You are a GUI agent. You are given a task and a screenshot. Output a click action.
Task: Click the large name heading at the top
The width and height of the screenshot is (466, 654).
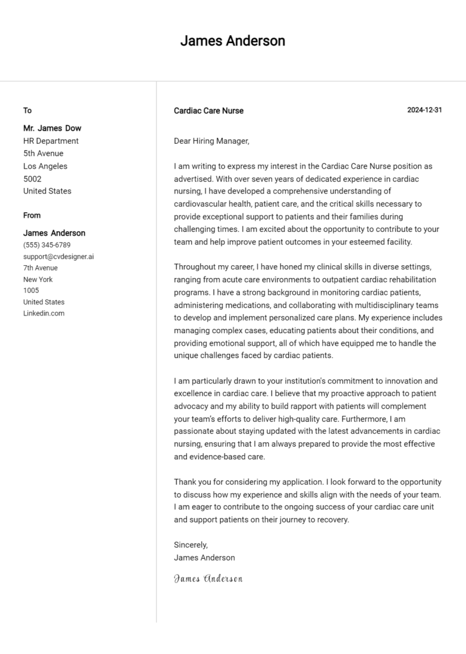[232, 41]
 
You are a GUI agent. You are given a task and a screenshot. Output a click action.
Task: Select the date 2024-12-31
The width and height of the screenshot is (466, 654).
[424, 110]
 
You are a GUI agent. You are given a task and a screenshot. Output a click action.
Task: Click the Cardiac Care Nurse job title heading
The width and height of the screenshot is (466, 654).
[209, 111]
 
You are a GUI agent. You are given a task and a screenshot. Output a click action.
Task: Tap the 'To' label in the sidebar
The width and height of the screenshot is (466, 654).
[27, 110]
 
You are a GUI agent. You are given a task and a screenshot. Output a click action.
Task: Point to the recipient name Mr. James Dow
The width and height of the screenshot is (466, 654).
[52, 128]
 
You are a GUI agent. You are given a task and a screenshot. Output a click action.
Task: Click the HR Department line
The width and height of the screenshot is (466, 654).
[51, 141]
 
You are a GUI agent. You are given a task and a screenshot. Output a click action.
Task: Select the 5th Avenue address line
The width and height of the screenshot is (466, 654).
[43, 153]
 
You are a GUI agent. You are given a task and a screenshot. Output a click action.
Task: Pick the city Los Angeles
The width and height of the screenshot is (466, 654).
[46, 166]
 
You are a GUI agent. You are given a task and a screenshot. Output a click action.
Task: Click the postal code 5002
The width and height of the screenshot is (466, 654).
[32, 179]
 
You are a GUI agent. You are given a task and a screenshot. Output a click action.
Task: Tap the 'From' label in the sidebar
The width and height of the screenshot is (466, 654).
[32, 215]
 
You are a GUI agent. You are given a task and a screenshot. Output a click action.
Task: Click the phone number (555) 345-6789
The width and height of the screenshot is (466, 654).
[47, 245]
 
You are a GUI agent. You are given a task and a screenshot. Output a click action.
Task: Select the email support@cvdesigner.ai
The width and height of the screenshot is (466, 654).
[58, 257]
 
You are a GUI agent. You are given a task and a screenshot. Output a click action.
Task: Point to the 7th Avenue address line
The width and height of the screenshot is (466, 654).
[41, 268]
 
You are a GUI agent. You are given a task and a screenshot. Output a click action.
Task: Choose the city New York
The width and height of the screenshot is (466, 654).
[38, 280]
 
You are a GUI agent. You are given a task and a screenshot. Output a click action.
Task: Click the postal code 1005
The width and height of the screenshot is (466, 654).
[31, 291]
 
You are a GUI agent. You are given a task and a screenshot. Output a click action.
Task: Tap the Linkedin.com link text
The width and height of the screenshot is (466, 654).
[44, 314]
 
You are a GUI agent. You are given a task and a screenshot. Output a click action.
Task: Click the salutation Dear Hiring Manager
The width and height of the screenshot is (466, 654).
[211, 141]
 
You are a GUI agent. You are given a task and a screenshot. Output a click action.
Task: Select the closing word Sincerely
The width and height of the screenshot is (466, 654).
[191, 545]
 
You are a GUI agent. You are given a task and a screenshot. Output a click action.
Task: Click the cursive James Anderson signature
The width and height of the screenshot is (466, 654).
[208, 579]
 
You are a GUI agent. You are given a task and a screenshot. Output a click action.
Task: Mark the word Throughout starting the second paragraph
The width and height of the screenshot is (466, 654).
[195, 267]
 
